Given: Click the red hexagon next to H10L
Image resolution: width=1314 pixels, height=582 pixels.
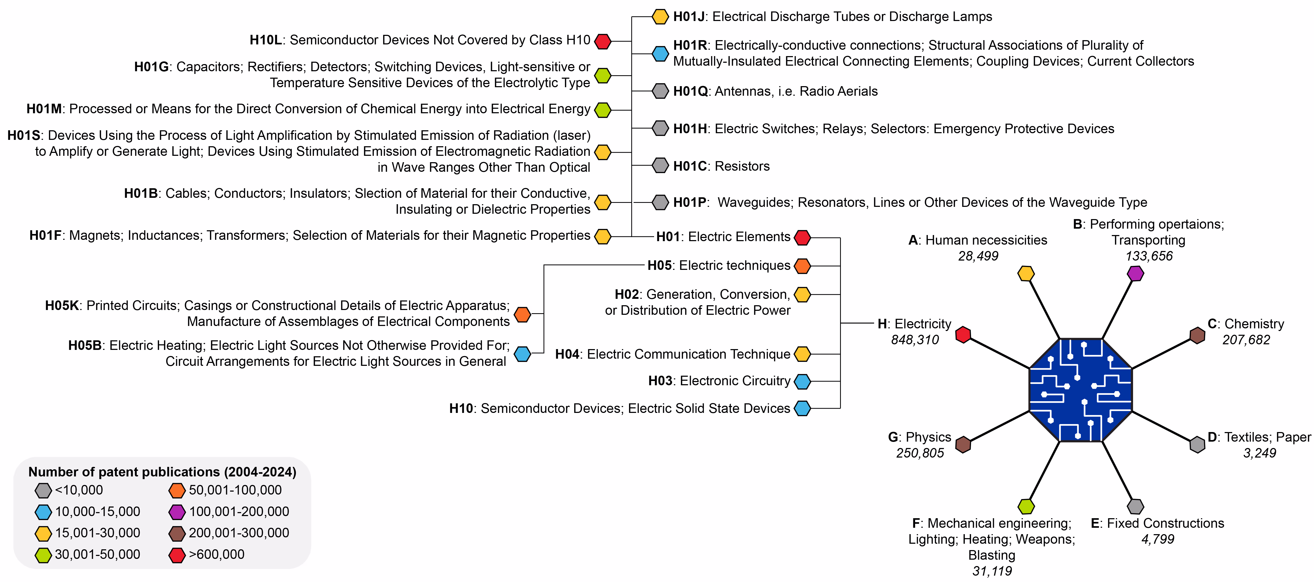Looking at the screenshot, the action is coord(603,41).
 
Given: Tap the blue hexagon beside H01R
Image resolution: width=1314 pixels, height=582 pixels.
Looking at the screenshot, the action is coord(660,53).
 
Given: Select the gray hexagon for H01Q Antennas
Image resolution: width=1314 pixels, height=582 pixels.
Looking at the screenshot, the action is coord(660,91).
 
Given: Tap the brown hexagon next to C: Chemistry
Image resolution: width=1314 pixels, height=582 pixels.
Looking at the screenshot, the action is coord(1197,335).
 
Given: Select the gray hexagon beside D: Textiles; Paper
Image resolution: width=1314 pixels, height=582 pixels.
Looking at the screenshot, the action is coord(1197,444).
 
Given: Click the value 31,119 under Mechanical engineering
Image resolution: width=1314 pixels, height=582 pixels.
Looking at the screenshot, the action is coord(992,571).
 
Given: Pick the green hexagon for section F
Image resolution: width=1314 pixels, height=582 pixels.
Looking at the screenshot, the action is coord(1026,506).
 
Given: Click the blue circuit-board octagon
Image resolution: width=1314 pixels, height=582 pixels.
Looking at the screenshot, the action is coord(1080,390).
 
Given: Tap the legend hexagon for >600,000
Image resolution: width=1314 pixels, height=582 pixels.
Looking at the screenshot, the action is coord(177,555).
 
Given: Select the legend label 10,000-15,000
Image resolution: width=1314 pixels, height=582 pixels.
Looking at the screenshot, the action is coord(97,512).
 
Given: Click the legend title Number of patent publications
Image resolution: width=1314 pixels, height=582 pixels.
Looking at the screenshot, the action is coord(162,472).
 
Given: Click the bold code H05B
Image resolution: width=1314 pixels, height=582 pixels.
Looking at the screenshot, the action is coord(85,346).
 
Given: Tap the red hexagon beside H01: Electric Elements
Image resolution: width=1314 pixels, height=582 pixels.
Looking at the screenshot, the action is coord(802,237).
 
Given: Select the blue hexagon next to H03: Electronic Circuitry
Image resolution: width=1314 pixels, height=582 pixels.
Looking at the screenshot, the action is coord(802,381).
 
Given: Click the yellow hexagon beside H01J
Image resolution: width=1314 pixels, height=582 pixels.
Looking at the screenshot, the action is coord(660,17).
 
